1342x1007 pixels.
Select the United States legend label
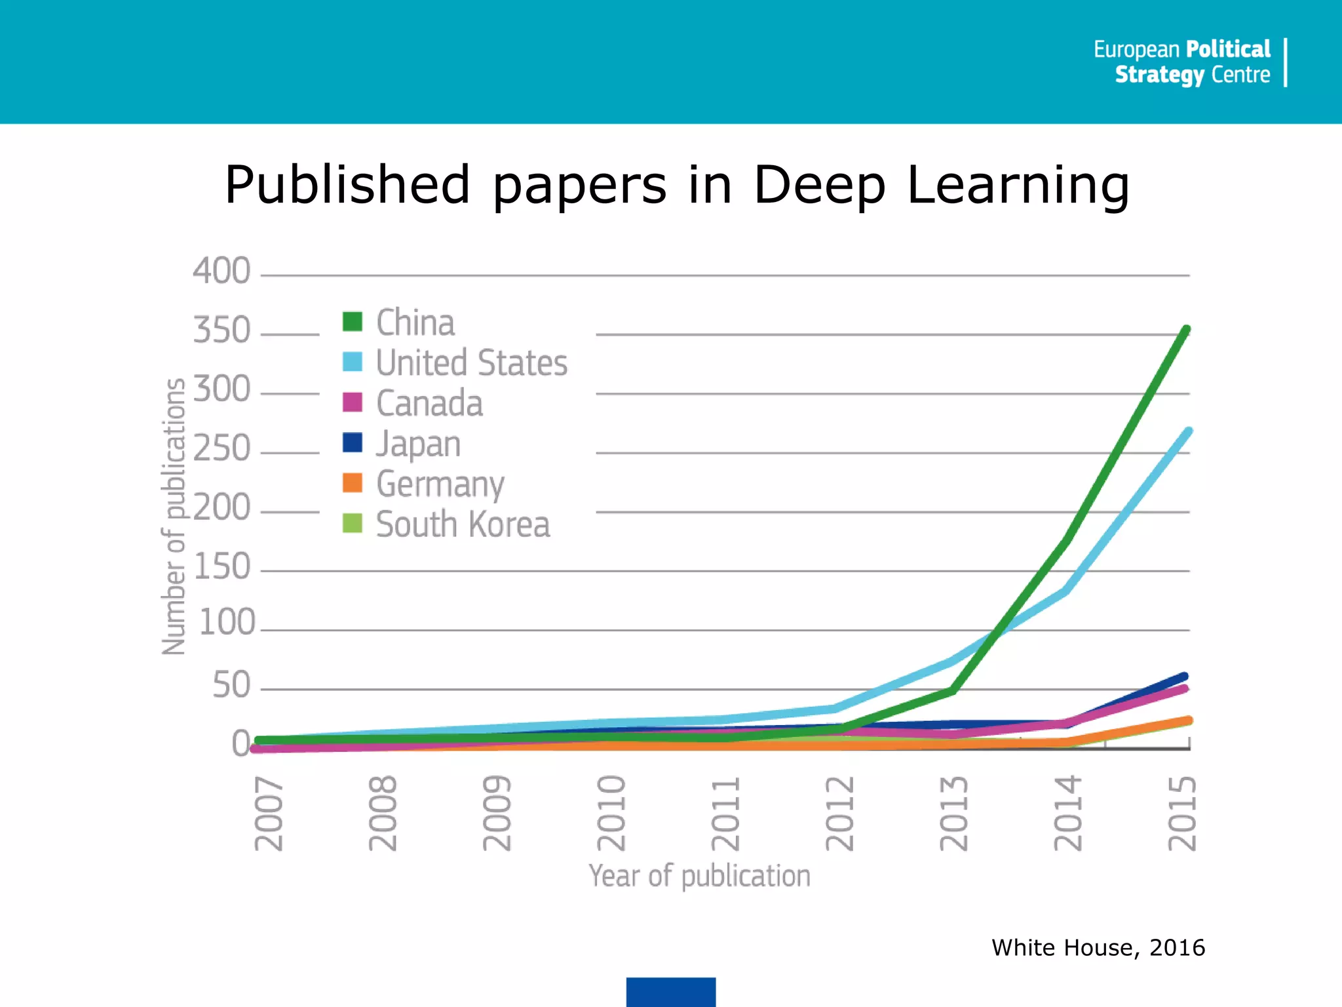(x=471, y=363)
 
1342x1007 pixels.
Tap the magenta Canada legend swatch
(x=353, y=403)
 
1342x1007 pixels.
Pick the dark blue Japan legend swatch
(x=353, y=443)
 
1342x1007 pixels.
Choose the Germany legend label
(x=440, y=484)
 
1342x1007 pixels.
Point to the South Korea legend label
(x=463, y=524)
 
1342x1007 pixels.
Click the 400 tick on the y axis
(x=221, y=271)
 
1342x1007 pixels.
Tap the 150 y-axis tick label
(x=223, y=566)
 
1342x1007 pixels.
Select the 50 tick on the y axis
(x=231, y=686)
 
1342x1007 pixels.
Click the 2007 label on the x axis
(x=269, y=814)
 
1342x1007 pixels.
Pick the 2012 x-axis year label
(x=839, y=814)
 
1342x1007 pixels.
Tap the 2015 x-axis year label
(x=1182, y=814)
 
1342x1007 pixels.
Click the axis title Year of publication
(x=699, y=876)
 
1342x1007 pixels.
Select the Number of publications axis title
(x=174, y=517)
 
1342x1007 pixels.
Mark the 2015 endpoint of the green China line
(x=1186, y=330)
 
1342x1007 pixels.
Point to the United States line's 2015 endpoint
(x=1188, y=431)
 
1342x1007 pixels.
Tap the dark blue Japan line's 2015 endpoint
(x=1184, y=677)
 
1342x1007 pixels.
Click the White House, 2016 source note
(x=1098, y=948)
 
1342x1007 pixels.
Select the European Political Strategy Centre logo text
(x=1182, y=62)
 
